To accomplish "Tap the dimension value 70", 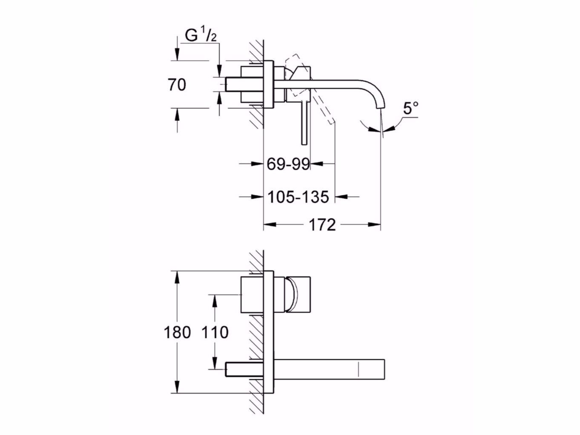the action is click(x=177, y=85).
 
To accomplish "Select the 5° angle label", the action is click(x=411, y=108).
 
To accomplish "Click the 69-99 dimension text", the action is click(x=288, y=164).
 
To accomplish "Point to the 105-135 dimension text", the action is click(x=299, y=197).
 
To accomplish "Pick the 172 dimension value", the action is click(x=322, y=225).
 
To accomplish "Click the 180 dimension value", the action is click(x=177, y=332).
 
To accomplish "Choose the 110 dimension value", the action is click(x=215, y=332).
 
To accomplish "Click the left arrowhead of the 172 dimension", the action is click(x=270, y=225).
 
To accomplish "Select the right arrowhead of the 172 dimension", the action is click(x=374, y=225).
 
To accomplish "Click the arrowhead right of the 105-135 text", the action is click(x=341, y=197).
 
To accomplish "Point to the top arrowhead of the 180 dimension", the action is click(x=177, y=278).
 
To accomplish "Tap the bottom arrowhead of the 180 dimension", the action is click(x=177, y=387).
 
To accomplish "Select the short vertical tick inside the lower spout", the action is click(x=359, y=369).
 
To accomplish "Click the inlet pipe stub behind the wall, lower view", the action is click(x=244, y=369).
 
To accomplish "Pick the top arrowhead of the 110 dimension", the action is click(x=215, y=301).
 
